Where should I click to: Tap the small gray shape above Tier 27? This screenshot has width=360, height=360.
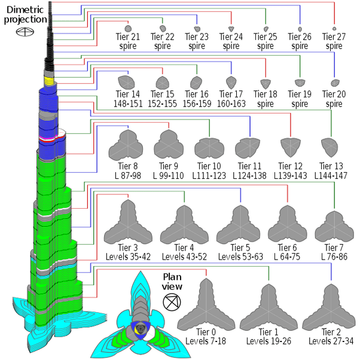click(x=334, y=28)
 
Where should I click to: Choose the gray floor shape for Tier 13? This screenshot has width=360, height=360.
click(x=328, y=146)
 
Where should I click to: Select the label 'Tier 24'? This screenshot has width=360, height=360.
click(x=231, y=37)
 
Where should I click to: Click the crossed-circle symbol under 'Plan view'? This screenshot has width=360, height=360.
click(x=172, y=302)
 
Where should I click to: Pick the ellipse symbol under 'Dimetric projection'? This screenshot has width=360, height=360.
click(x=25, y=33)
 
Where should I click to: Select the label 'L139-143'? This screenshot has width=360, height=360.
click(x=290, y=175)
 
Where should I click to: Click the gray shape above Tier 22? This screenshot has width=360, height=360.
click(x=162, y=28)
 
